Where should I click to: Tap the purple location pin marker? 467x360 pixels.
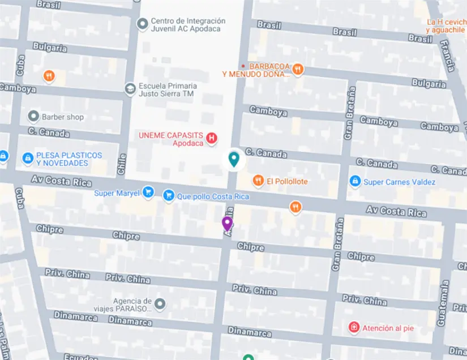(227, 224)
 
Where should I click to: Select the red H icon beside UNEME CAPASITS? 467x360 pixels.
(212, 138)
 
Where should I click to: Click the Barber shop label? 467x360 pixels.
(62, 117)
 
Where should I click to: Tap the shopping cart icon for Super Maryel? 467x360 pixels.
(148, 192)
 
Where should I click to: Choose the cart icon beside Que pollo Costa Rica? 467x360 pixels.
(168, 196)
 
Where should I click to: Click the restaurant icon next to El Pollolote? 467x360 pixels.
(258, 181)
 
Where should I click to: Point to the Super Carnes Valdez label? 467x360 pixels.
(399, 182)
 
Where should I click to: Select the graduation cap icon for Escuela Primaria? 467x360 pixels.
(130, 89)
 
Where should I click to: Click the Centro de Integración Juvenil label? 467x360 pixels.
(188, 25)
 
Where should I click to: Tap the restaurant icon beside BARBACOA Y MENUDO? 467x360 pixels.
(298, 70)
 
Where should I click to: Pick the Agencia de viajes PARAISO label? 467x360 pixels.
(132, 305)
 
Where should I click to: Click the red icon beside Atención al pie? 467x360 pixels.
(354, 327)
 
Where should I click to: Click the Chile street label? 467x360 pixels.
(121, 164)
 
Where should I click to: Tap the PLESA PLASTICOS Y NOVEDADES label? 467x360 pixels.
(69, 159)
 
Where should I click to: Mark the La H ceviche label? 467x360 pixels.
(446, 25)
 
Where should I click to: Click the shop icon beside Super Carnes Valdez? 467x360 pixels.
(355, 181)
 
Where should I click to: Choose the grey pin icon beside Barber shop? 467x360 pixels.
(33, 117)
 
